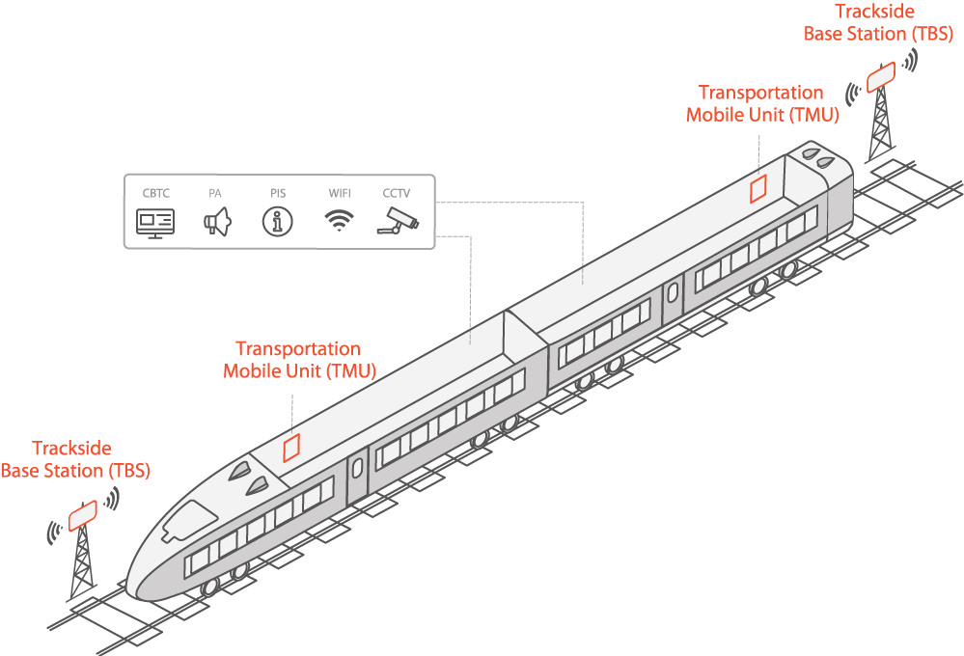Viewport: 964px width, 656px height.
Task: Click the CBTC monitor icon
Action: pos(155,223)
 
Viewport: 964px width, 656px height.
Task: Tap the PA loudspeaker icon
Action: pos(217,221)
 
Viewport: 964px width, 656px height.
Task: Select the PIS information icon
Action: pos(277,221)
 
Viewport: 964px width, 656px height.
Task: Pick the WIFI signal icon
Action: pos(339,220)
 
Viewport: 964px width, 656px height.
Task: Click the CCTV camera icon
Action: pos(398,221)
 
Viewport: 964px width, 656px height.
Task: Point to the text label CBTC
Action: pos(155,193)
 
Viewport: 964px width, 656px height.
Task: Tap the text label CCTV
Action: pos(396,193)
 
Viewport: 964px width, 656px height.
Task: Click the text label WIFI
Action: pos(340,193)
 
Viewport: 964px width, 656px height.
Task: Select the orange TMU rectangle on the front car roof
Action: pos(291,449)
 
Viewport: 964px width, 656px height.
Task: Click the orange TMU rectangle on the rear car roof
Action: pos(758,188)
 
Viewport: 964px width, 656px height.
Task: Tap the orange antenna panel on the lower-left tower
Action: pos(82,515)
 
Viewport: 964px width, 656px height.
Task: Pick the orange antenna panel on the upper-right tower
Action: pos(881,77)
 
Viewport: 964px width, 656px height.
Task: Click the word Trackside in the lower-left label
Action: pos(72,449)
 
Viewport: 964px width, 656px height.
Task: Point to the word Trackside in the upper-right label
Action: pos(875,11)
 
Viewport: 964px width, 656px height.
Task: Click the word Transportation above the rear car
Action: pos(761,93)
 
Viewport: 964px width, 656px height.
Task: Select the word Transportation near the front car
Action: pos(298,348)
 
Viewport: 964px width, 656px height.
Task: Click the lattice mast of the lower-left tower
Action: pos(82,561)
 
